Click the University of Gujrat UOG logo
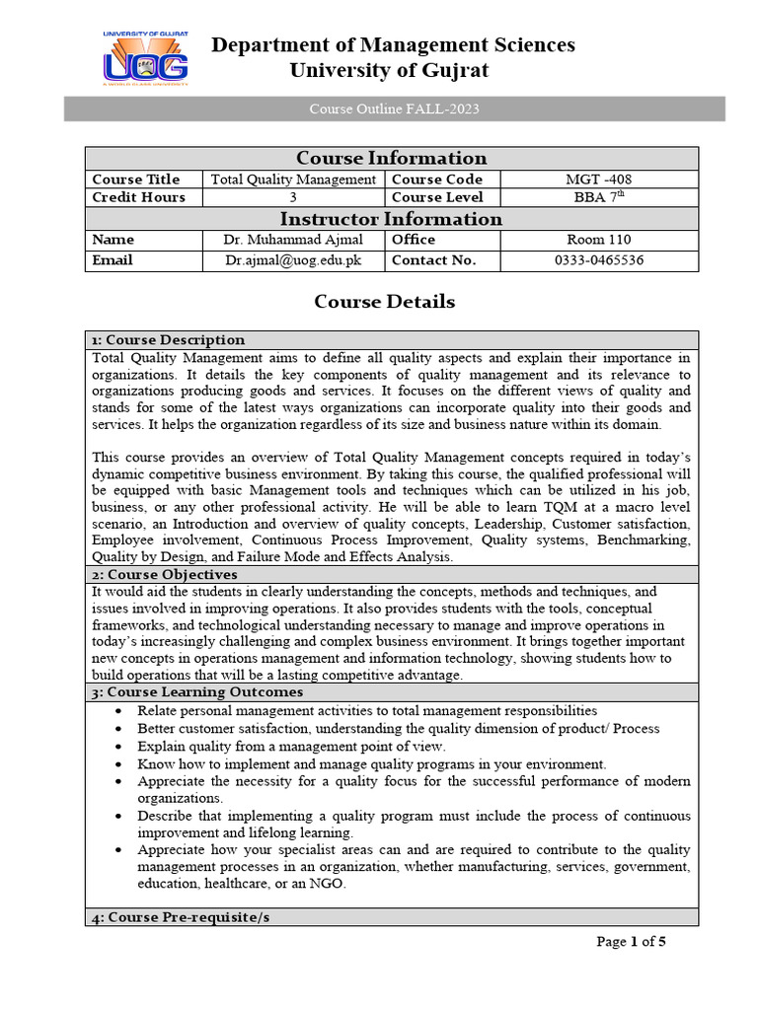(x=145, y=59)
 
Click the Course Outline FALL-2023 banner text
(x=394, y=108)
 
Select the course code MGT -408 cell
(x=599, y=180)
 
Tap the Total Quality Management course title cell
(x=293, y=180)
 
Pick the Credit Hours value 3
(x=293, y=197)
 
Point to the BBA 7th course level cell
(x=599, y=197)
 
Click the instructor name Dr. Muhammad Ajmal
(x=293, y=240)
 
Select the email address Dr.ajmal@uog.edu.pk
(x=293, y=260)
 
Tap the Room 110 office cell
(x=599, y=240)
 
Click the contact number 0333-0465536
(x=599, y=260)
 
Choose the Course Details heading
(x=385, y=302)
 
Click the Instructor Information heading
(x=391, y=219)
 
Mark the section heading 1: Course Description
(x=168, y=340)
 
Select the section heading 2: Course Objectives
(x=164, y=574)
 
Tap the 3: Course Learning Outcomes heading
(x=197, y=692)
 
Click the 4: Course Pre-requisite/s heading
(x=181, y=917)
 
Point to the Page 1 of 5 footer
(x=632, y=942)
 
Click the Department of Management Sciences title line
(x=393, y=45)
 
